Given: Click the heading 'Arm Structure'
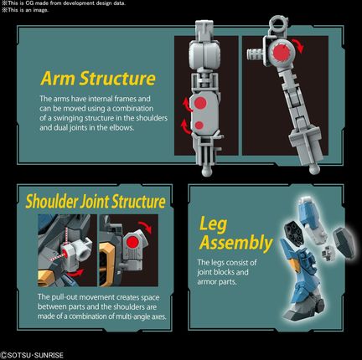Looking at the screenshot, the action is click(98, 79).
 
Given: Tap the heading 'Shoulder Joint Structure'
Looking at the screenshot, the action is click(96, 202).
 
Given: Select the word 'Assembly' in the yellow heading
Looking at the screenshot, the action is click(236, 242).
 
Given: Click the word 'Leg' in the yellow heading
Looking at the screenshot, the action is click(213, 225).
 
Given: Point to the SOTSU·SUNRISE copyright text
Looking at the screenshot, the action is click(33, 355).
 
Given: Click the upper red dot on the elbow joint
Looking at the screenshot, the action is click(200, 104).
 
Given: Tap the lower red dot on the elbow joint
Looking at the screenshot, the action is click(199, 126).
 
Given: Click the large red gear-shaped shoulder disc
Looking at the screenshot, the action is click(281, 51).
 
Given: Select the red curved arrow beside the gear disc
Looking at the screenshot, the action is click(297, 45).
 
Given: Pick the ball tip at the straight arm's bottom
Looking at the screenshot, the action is click(207, 171).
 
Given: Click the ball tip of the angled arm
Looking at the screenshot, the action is click(314, 169).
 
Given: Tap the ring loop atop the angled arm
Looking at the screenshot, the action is click(278, 23).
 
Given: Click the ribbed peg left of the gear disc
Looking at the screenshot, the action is click(256, 54).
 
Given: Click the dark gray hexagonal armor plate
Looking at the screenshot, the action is click(343, 240).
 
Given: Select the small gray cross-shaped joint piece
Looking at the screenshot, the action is click(327, 254).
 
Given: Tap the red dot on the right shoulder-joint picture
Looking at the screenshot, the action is click(132, 243).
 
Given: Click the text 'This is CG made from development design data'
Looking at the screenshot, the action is click(65, 3).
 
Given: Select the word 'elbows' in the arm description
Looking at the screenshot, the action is click(122, 128).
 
